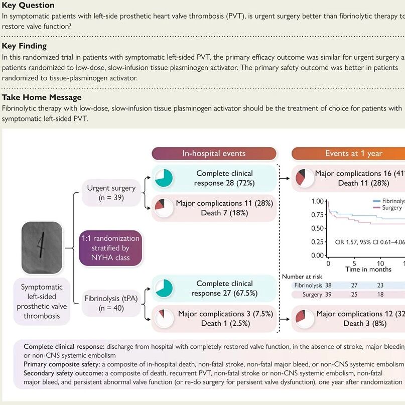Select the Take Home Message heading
42,97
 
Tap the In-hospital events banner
214,154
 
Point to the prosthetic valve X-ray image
42,248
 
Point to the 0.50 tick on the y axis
317,228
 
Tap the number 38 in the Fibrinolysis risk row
328,285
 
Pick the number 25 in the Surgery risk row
354,295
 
